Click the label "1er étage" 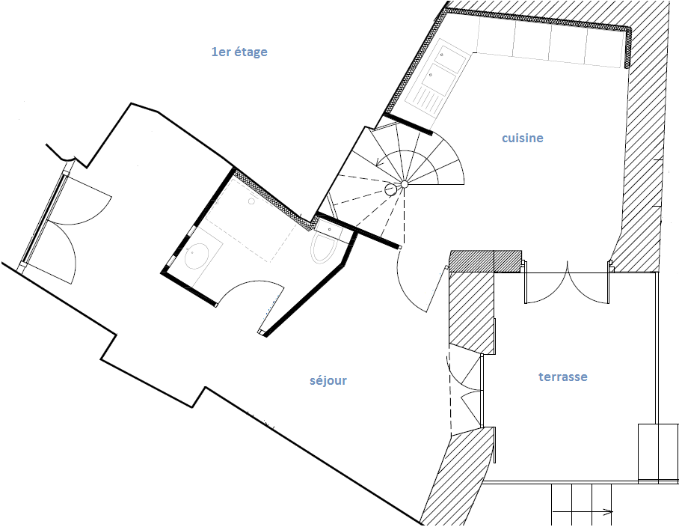239,52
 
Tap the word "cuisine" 522,138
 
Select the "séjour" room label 328,380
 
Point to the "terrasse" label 563,377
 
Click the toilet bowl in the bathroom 325,249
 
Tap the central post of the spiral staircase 405,185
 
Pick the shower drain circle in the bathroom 251,201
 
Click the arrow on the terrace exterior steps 583,512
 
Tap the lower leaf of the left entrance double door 65,247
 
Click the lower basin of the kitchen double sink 441,78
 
